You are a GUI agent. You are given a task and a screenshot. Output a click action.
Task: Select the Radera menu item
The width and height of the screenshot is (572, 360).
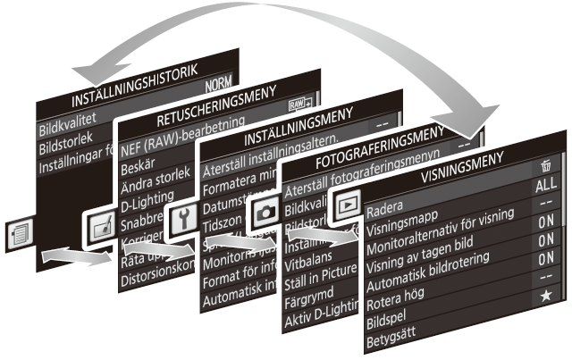(x=387, y=211)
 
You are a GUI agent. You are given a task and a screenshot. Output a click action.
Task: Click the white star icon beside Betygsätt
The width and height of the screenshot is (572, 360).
(x=545, y=296)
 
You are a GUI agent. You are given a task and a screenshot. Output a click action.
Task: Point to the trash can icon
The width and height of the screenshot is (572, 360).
(x=545, y=166)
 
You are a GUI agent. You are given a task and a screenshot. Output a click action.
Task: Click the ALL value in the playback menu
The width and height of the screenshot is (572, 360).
(x=545, y=186)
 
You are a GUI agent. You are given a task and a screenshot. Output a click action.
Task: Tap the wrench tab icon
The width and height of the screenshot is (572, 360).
(x=183, y=217)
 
